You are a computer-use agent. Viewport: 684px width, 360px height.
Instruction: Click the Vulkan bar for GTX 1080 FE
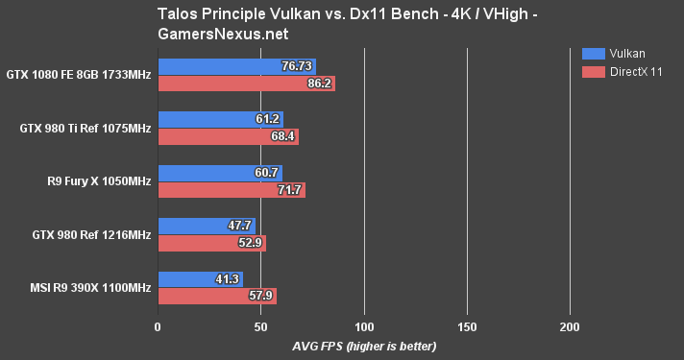pyautogui.click(x=236, y=66)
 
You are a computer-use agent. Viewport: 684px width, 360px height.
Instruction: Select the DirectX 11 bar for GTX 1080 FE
pyautogui.click(x=246, y=84)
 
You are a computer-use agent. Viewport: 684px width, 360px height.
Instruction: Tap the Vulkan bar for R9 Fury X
pyautogui.click(x=220, y=173)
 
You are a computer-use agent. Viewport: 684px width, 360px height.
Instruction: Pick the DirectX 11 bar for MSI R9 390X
pyautogui.click(x=217, y=297)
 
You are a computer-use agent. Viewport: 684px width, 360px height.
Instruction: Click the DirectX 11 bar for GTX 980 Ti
pyautogui.click(x=228, y=137)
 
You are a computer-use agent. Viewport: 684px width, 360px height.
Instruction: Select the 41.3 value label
pyautogui.click(x=227, y=279)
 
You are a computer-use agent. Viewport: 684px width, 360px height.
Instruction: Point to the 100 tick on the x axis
pyautogui.click(x=364, y=327)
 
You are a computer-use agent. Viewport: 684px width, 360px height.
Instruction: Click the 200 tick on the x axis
pyautogui.click(x=570, y=327)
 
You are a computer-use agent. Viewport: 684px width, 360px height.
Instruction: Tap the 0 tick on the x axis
pyautogui.click(x=158, y=327)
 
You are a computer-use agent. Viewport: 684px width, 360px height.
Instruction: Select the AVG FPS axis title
pyautogui.click(x=364, y=346)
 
